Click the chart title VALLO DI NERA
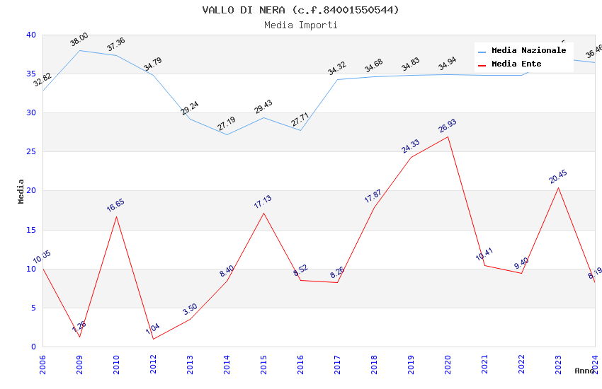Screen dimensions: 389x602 coord(300,10)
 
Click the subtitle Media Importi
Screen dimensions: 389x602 coord(300,25)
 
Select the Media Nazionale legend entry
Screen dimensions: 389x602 coord(528,51)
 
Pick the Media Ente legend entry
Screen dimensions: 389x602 coord(516,64)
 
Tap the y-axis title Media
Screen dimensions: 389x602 coord(21,191)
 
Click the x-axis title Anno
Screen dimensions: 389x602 coord(584,371)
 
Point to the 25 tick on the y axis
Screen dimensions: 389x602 coord(30,152)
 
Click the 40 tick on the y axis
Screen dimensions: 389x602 coord(30,35)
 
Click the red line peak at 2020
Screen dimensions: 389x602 coord(448,137)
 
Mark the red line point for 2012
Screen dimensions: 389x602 coord(153,339)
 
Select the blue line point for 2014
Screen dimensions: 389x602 coord(227,134)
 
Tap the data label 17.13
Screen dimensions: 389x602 coord(263,202)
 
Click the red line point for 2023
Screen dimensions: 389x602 coord(558,187)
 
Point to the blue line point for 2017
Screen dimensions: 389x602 coord(337,79)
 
